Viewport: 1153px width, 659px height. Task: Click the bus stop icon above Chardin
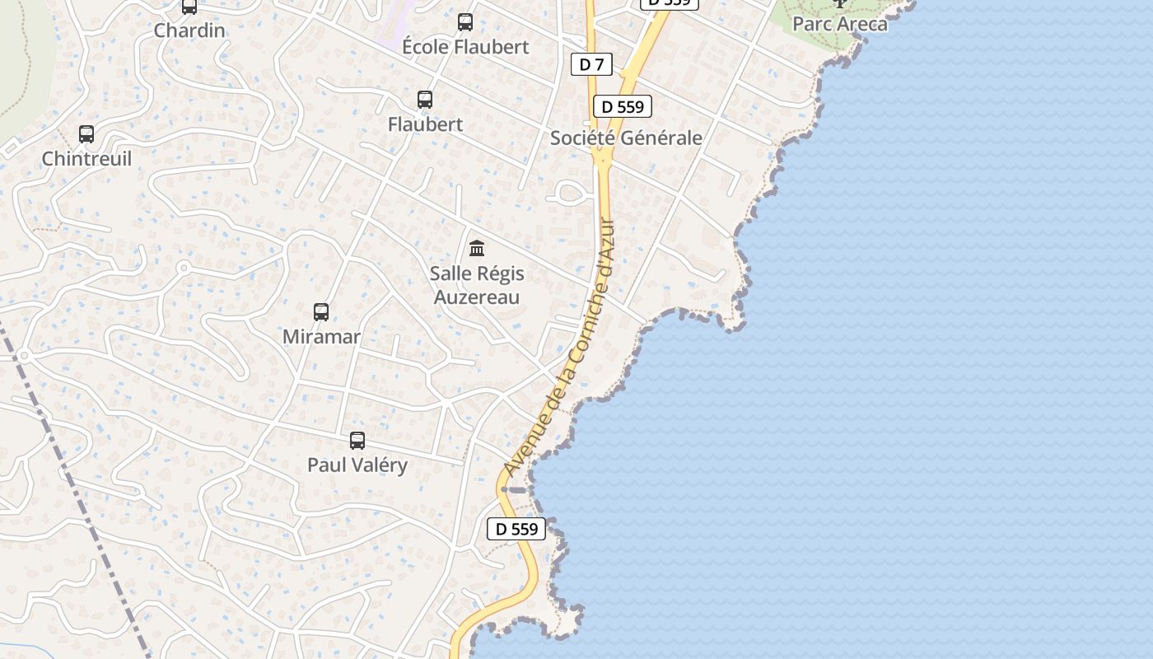click(x=189, y=7)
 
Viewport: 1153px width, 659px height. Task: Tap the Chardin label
click(x=189, y=30)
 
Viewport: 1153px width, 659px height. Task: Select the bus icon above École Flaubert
click(x=465, y=22)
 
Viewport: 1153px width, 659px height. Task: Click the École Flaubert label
click(x=465, y=47)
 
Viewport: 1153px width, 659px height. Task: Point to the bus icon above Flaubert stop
click(x=425, y=100)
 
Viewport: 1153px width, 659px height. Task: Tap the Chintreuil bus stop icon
click(x=86, y=134)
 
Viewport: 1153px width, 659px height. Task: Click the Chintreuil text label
click(x=86, y=159)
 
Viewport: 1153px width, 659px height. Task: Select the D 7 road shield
click(x=591, y=64)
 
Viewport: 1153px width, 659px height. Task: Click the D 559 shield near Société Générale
click(x=623, y=106)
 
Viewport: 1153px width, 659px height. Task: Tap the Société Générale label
click(x=626, y=138)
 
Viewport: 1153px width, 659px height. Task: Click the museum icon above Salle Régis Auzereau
click(x=477, y=248)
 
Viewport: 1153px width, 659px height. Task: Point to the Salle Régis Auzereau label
click(x=477, y=285)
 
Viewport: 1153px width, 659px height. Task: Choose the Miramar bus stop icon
click(x=321, y=312)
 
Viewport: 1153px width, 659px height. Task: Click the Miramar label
click(x=321, y=337)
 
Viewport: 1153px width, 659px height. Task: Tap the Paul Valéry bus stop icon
click(x=357, y=441)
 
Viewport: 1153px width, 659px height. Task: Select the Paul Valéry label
click(x=357, y=465)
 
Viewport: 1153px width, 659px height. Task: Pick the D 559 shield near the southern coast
click(x=516, y=529)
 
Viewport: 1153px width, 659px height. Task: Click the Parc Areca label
click(x=840, y=24)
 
